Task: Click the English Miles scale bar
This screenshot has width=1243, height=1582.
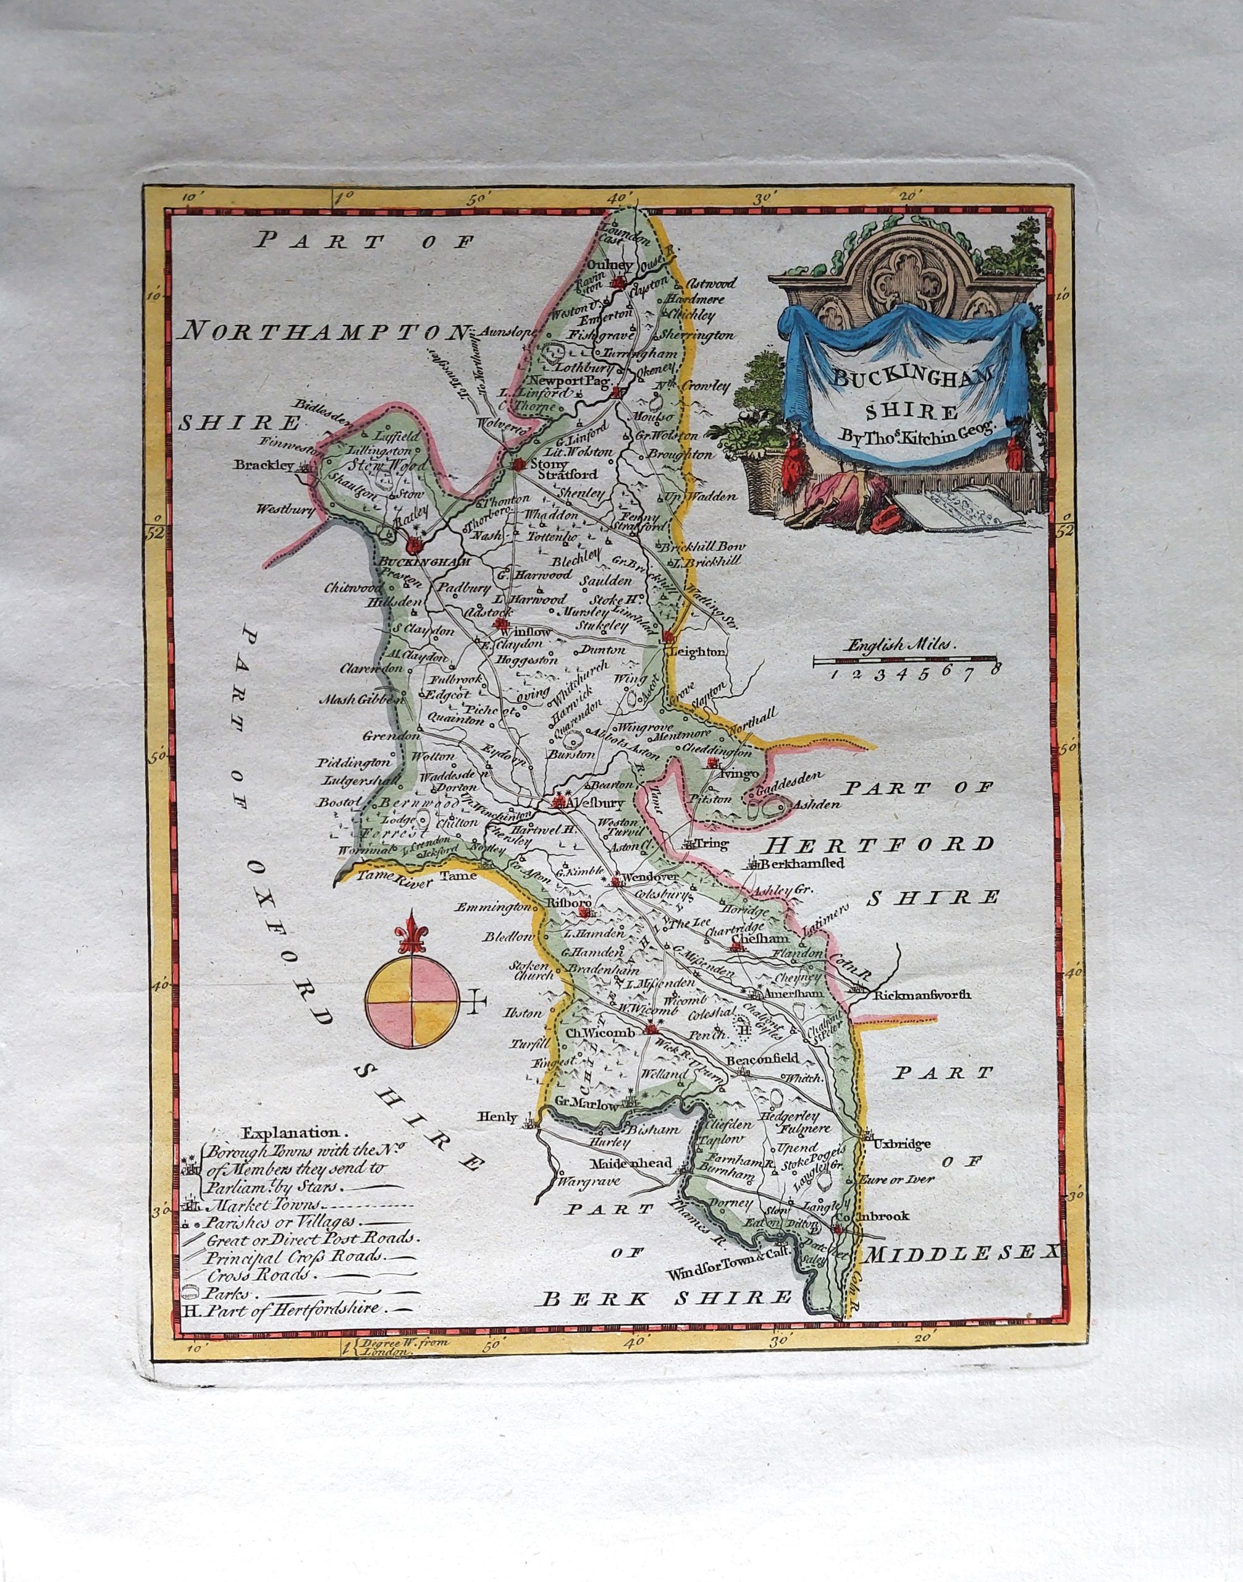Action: pyautogui.click(x=905, y=661)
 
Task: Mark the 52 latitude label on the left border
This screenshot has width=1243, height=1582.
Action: pyautogui.click(x=156, y=534)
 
